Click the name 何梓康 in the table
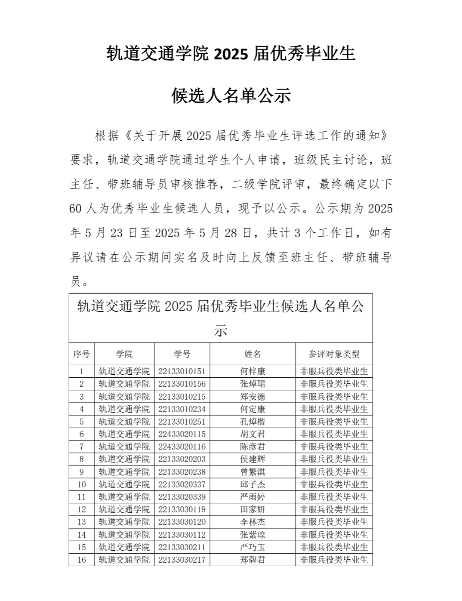click(253, 371)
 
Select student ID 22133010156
click(182, 384)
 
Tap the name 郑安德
click(253, 397)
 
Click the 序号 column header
click(82, 354)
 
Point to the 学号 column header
click(182, 354)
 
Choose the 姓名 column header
click(253, 354)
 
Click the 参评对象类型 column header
click(334, 354)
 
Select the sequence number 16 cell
click(82, 560)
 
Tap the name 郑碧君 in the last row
click(253, 560)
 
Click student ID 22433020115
click(182, 434)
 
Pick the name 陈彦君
click(253, 447)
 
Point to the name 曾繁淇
click(253, 472)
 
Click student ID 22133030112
click(182, 535)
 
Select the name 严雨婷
click(253, 497)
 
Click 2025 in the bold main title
click(231, 55)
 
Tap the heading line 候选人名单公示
click(231, 96)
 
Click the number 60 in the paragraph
click(75, 209)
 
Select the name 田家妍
click(253, 509)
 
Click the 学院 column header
click(124, 354)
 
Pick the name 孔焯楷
click(253, 422)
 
